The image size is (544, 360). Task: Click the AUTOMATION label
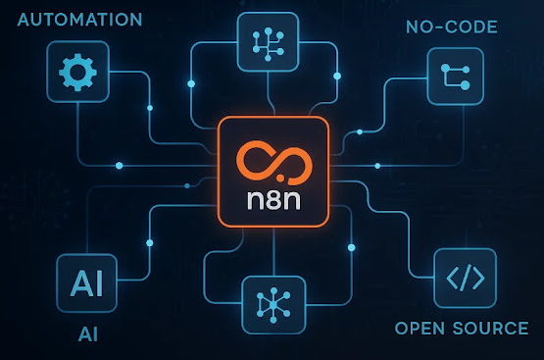[x=79, y=20]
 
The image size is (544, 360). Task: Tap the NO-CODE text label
[x=452, y=27]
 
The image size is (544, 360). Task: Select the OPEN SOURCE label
[x=462, y=329]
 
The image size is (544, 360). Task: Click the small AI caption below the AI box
[x=88, y=334]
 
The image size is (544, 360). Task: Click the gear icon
[x=77, y=73]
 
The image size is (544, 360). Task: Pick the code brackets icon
[x=466, y=278]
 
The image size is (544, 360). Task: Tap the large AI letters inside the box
[x=86, y=283]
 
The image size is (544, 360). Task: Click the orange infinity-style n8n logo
[x=274, y=163]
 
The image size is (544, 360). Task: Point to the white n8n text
[x=273, y=200]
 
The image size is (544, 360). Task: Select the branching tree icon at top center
[x=268, y=44]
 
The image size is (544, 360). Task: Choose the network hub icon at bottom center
[x=273, y=305]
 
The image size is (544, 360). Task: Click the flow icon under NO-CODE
[x=456, y=77]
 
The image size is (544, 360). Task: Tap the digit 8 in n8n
[x=273, y=200]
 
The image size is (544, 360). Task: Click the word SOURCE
[x=490, y=329]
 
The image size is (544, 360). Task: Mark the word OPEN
[x=420, y=329]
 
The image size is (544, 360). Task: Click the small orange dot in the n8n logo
[x=280, y=179]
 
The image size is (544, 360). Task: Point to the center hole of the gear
[x=77, y=73]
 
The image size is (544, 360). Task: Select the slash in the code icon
[x=466, y=278]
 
